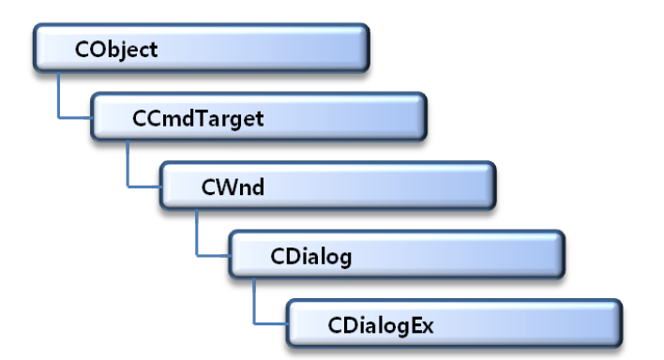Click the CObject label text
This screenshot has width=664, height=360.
(x=116, y=50)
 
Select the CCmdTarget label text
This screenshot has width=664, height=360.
(x=198, y=118)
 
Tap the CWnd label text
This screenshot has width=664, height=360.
(x=233, y=187)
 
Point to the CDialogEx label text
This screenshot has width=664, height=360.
(x=380, y=325)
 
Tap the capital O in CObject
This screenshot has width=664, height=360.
(x=96, y=50)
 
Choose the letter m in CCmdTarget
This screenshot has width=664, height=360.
(x=166, y=120)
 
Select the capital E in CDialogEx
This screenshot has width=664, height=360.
(x=415, y=325)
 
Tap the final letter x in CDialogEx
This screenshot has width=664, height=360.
(x=428, y=328)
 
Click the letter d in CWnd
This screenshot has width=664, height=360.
(x=258, y=187)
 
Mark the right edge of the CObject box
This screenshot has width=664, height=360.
(x=368, y=48)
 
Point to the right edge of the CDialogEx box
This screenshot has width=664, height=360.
(x=621, y=323)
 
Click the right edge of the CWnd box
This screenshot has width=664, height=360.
(x=494, y=186)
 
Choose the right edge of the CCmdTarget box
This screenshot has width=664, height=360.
(x=425, y=116)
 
